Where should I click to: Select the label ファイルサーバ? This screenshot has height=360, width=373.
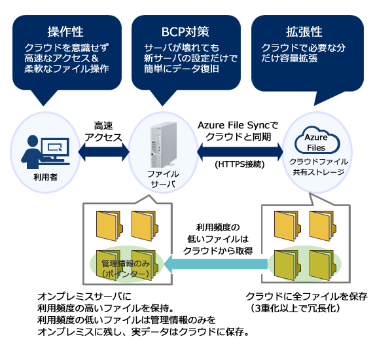163,179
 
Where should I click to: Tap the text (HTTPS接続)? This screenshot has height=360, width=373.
238,166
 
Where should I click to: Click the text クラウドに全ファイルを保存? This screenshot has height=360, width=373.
306,296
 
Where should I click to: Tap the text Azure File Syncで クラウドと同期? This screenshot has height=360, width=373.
238,130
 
